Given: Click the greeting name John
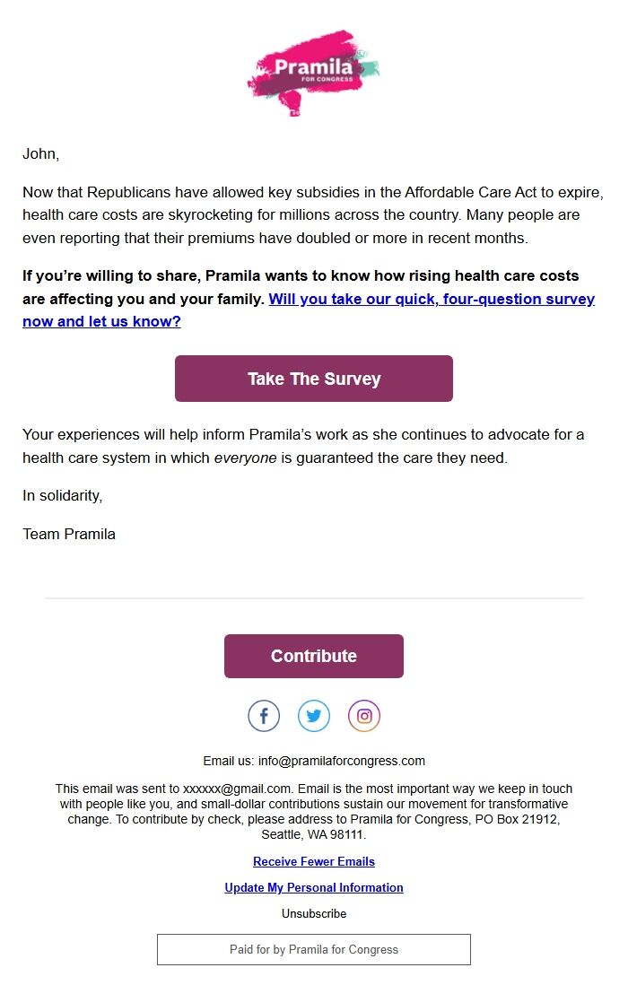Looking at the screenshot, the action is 39,153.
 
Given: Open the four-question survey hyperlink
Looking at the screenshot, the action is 432,299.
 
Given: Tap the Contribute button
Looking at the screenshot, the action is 314,656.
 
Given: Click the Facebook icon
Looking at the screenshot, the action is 264,716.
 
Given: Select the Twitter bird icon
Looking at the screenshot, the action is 314,716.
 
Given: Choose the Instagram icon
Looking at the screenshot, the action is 364,716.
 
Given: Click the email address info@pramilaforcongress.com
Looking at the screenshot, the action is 342,761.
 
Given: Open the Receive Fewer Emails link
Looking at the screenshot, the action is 314,861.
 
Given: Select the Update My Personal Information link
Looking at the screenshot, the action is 314,887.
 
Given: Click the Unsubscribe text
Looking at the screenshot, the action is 314,913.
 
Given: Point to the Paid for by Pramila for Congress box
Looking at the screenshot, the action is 314,949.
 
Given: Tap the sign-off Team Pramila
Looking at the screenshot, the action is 69,534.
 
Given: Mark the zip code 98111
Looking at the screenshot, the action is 348,834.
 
